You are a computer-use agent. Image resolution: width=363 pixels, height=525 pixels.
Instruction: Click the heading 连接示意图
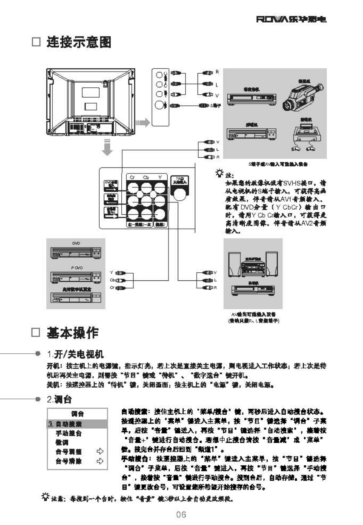coord(79,42)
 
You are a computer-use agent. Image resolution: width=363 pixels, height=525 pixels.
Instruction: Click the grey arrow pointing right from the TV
coord(143,123)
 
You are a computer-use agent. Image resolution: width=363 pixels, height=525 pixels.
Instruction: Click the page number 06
coord(181,514)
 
